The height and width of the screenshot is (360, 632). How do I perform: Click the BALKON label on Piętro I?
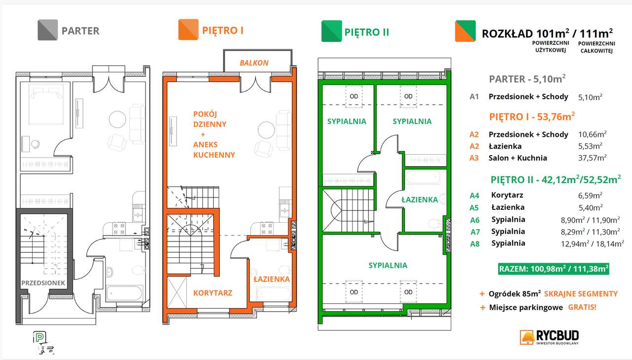[x=254, y=63]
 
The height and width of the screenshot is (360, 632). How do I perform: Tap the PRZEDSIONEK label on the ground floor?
[x=43, y=283]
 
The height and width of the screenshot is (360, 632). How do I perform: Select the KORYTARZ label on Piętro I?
[x=212, y=292]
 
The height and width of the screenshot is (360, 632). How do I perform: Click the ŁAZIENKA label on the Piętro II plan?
[x=419, y=200]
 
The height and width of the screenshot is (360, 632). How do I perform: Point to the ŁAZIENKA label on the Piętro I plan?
[x=272, y=279]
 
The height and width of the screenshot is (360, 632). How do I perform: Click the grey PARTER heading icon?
[x=48, y=31]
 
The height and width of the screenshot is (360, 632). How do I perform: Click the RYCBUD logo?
[x=549, y=337]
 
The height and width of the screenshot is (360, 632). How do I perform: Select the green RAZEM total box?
[x=553, y=269]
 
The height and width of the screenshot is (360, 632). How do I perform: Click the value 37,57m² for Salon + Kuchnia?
[x=592, y=158]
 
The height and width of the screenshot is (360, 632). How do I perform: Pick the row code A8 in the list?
[x=474, y=243]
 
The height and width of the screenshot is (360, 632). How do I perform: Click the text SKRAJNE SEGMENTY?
[x=581, y=293]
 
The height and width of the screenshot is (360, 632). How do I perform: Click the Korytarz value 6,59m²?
[x=592, y=196]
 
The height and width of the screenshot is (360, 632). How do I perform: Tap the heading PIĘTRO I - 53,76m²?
[x=532, y=117]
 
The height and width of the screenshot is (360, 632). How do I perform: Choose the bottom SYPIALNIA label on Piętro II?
[x=388, y=265]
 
